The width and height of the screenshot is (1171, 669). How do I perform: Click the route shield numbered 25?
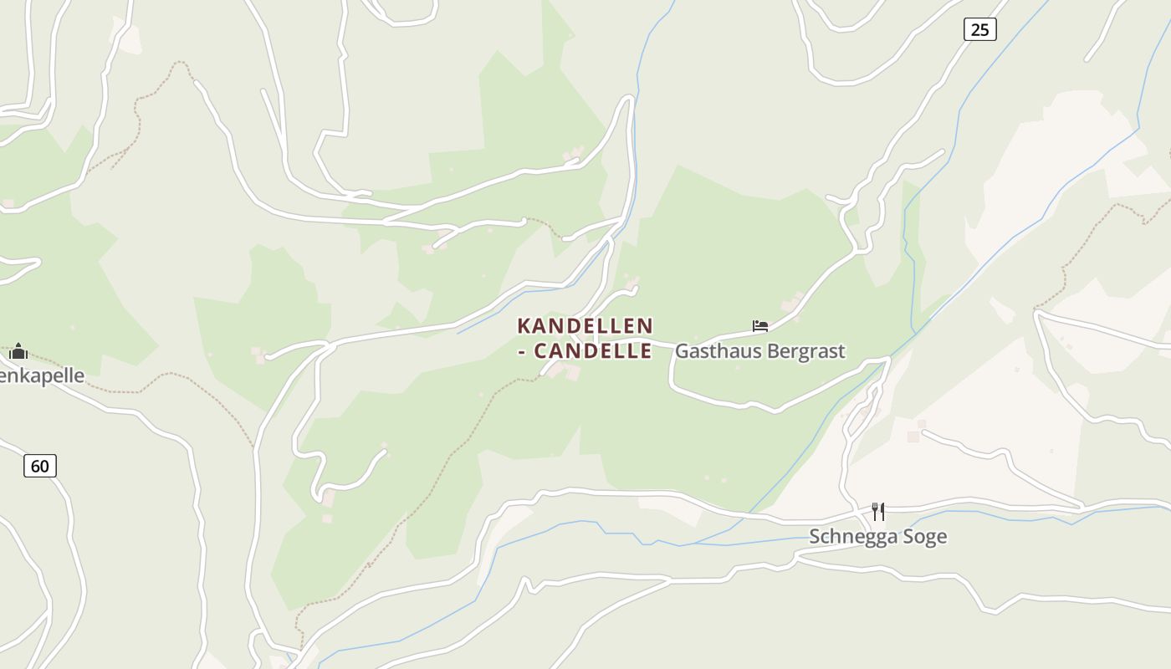pyautogui.click(x=979, y=30)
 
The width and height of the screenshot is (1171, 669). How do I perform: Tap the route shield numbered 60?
pyautogui.click(x=40, y=466)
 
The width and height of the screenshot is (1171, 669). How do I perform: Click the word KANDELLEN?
pyautogui.click(x=585, y=325)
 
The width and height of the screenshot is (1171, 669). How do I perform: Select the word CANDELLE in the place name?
pyautogui.click(x=593, y=351)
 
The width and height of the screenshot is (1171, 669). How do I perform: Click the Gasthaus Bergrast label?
pyautogui.click(x=759, y=351)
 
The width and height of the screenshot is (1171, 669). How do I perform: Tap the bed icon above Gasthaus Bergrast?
pyautogui.click(x=759, y=326)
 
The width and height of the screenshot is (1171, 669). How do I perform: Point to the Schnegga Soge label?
pyautogui.click(x=877, y=537)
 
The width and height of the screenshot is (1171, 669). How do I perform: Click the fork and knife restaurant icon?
pyautogui.click(x=877, y=511)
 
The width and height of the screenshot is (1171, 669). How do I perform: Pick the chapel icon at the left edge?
pyautogui.click(x=18, y=351)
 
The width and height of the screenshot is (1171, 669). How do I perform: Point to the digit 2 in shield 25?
pyautogui.click(x=974, y=30)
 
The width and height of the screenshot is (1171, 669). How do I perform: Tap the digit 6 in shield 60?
pyautogui.click(x=35, y=466)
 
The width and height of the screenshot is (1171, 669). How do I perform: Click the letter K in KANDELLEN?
pyautogui.click(x=524, y=325)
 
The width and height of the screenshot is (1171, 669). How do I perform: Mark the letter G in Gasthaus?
pyautogui.click(x=682, y=351)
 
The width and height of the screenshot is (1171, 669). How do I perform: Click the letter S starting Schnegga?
pyautogui.click(x=815, y=537)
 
